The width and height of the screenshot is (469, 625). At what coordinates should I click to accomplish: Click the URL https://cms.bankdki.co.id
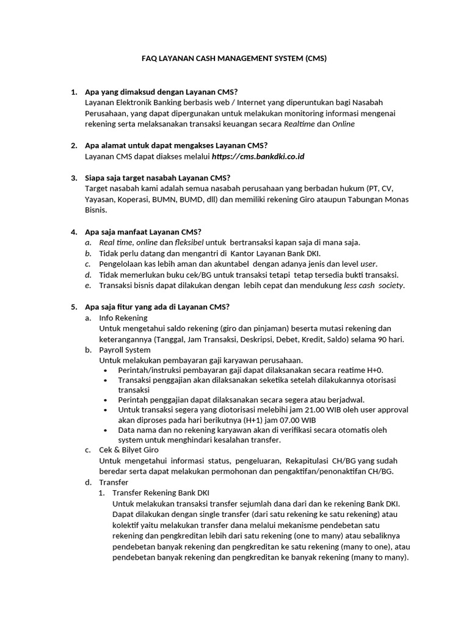click(x=258, y=156)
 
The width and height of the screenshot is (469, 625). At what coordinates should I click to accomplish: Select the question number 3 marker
click(x=73, y=178)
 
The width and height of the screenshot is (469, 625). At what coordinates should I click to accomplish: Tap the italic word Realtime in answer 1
click(x=299, y=123)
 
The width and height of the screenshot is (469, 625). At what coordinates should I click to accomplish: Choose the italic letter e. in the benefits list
click(x=87, y=285)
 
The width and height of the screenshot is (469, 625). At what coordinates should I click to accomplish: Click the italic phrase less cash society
click(x=374, y=285)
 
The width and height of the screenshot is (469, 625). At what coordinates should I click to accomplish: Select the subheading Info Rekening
click(x=123, y=318)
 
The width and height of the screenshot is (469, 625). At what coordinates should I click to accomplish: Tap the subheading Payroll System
click(x=125, y=350)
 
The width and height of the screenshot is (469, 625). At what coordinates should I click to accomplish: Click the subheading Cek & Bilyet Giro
click(x=128, y=449)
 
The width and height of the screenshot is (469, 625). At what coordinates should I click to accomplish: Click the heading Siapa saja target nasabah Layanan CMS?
click(x=158, y=178)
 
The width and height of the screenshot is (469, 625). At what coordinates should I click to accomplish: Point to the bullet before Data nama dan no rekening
click(x=107, y=430)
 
